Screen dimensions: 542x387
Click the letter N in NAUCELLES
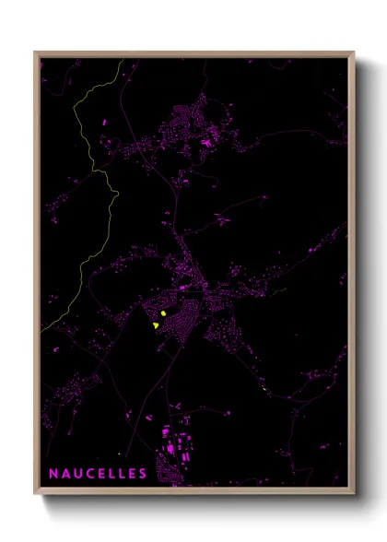click(x=53, y=474)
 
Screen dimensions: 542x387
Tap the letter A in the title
click(x=66, y=474)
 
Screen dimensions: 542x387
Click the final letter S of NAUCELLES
click(x=142, y=474)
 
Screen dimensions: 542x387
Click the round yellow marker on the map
click(x=162, y=314)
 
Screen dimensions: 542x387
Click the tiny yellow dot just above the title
click(x=119, y=454)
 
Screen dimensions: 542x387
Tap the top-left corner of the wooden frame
click(x=36, y=53)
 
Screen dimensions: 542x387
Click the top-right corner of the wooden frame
click(x=353, y=53)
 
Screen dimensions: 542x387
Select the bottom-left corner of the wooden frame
click(x=36, y=489)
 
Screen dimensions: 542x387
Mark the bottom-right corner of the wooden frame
click(x=353, y=489)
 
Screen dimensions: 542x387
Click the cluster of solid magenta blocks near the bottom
click(x=175, y=452)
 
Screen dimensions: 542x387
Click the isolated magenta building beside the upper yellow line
click(x=105, y=122)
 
